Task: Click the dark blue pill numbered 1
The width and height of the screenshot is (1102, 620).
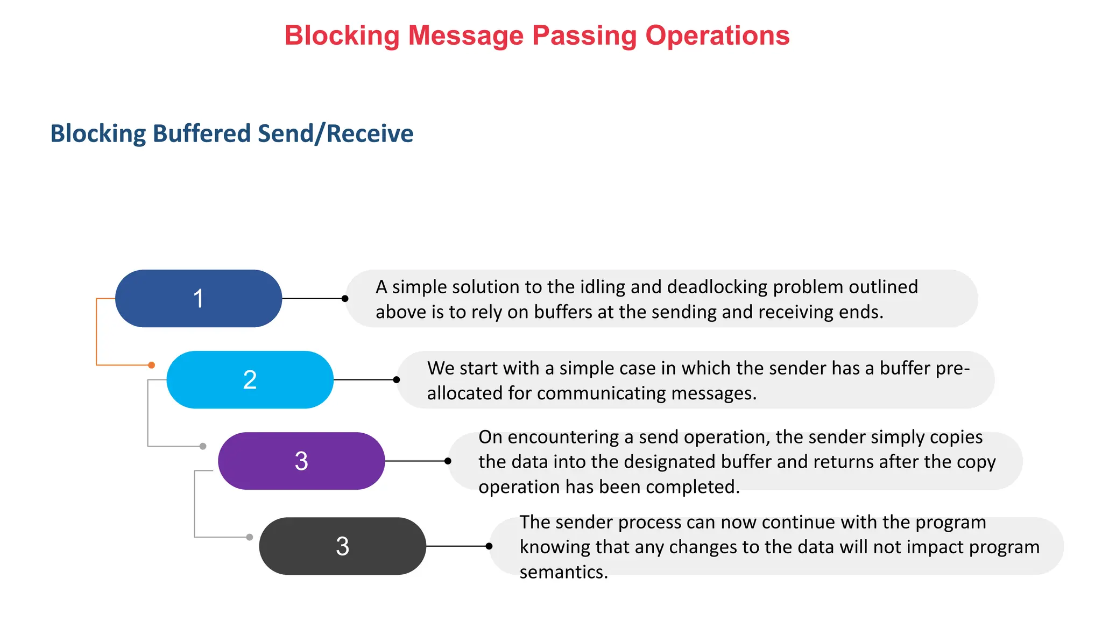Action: (199, 298)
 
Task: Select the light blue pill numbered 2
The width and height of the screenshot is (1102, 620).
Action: (250, 379)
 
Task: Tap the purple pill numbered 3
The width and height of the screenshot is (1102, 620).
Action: (301, 461)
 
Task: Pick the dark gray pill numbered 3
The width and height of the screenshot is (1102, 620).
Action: (342, 546)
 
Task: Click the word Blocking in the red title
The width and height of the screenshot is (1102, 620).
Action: (342, 36)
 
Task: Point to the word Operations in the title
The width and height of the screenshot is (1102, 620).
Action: (717, 36)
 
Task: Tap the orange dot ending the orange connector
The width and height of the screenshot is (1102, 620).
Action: (152, 365)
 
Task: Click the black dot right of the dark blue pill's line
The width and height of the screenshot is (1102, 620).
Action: (345, 298)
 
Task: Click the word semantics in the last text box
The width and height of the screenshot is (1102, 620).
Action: (563, 572)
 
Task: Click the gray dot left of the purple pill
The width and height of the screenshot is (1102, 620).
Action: (203, 446)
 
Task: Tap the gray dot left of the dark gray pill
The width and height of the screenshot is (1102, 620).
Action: (250, 537)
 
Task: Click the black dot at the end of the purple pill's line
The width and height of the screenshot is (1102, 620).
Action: (448, 461)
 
